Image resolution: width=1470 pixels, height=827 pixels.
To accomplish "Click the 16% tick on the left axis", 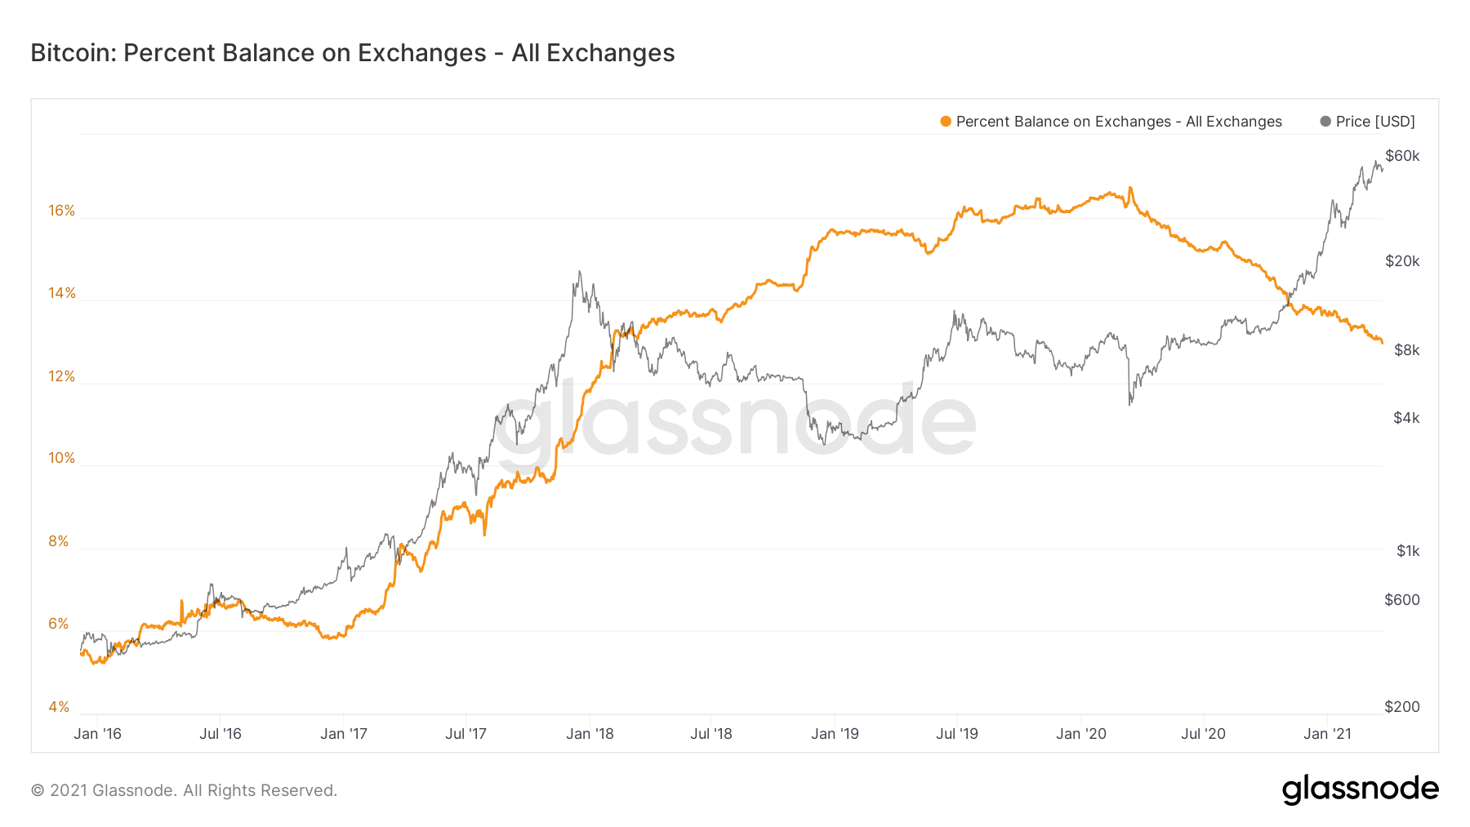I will click(x=61, y=211).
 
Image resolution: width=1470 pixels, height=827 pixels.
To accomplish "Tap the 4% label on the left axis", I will click(x=58, y=707).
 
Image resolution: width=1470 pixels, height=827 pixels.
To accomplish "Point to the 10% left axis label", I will click(x=61, y=458).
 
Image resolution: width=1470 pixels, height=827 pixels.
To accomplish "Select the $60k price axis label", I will click(x=1402, y=156).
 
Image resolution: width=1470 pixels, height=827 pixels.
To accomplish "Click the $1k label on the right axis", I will click(x=1408, y=551).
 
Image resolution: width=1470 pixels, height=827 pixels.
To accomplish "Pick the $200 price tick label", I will click(x=1402, y=707).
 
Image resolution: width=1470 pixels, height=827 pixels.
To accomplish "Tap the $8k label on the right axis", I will click(x=1406, y=350).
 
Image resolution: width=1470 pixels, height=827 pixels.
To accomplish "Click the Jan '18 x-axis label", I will click(x=590, y=734).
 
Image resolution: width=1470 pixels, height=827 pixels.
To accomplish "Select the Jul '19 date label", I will click(x=957, y=734).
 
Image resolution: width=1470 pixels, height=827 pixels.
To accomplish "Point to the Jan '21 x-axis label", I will click(x=1327, y=734).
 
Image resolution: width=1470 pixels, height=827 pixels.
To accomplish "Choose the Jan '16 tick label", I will click(x=97, y=734).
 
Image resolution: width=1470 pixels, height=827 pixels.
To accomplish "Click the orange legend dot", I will click(x=946, y=122).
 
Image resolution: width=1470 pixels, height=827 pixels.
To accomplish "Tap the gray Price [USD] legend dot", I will click(x=1325, y=122).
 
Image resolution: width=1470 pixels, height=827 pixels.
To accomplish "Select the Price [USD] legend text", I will click(x=1375, y=122).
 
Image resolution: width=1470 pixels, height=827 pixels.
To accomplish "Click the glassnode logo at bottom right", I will click(x=1360, y=789).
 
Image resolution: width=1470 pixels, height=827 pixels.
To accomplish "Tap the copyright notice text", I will click(x=184, y=790).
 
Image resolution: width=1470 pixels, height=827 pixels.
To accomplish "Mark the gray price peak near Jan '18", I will click(x=580, y=272).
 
